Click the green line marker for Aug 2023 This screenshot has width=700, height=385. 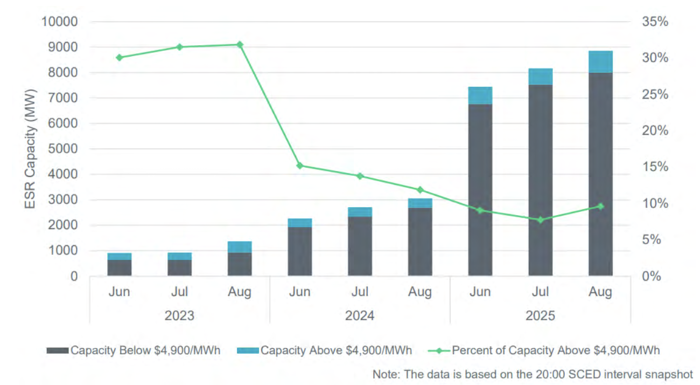(x=240, y=45)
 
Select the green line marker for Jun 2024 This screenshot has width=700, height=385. (x=300, y=166)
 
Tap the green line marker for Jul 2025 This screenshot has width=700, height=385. (x=540, y=220)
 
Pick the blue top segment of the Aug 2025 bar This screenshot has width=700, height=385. (x=600, y=62)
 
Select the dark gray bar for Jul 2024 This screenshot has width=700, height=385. (x=360, y=246)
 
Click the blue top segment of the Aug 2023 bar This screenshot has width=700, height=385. (x=240, y=247)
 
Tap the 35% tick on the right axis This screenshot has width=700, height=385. (x=655, y=22)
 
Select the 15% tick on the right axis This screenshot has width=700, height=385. (x=655, y=167)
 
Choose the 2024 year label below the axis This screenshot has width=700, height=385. (x=360, y=315)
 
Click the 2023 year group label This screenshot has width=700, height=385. (x=179, y=315)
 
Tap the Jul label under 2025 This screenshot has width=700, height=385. (x=540, y=292)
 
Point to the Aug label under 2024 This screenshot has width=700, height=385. (x=420, y=292)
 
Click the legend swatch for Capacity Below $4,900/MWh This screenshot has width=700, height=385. (x=58, y=350)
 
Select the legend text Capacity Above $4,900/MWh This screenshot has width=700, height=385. (x=336, y=350)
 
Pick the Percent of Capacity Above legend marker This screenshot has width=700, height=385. (x=438, y=350)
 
